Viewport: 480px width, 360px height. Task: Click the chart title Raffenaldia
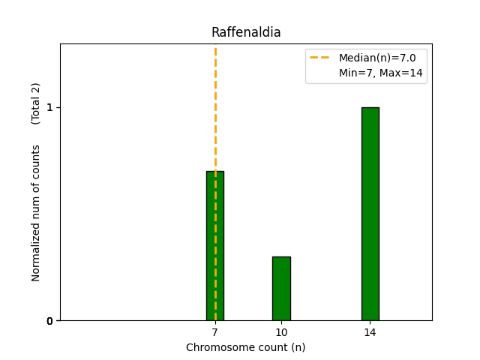click(x=245, y=32)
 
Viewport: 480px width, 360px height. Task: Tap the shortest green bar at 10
click(x=281, y=289)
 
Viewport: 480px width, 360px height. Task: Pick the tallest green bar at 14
click(x=370, y=214)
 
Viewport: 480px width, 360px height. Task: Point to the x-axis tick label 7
click(x=215, y=332)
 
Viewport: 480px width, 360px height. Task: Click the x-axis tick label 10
click(x=281, y=332)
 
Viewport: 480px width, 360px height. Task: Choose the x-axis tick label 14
click(x=370, y=332)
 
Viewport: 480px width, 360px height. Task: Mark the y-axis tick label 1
click(x=49, y=107)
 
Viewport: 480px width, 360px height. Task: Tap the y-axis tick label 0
click(x=49, y=321)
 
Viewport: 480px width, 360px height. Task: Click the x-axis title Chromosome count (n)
click(x=245, y=347)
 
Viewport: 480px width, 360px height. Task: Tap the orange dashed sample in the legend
click(x=321, y=58)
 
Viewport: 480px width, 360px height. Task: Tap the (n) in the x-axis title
click(x=298, y=347)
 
